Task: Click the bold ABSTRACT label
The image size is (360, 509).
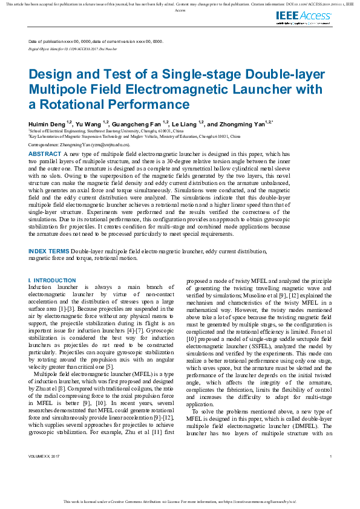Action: click(45, 154)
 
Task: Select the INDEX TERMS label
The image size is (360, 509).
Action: click(49, 251)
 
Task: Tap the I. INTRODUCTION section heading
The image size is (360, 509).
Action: click(52, 280)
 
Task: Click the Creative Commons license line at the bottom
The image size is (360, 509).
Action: click(180, 501)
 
